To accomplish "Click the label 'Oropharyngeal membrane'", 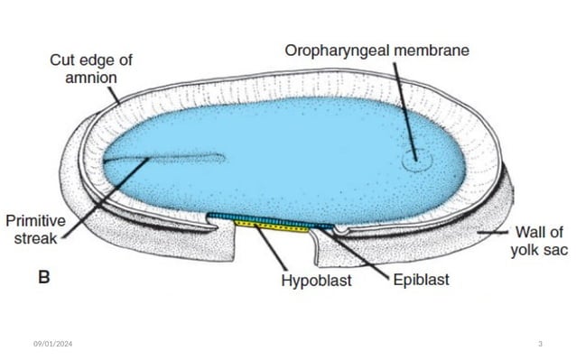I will coord(376,51).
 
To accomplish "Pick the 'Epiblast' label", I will coord(421,281).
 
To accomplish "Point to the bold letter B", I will coord(43,278).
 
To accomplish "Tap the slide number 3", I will coord(539,344).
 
